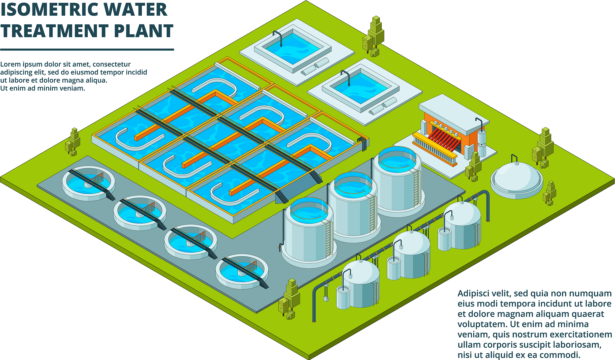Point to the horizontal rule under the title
pos(87,50)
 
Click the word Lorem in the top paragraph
pos(10,64)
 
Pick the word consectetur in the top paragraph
pos(112,64)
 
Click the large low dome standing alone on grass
pos(517,180)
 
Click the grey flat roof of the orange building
pos(454,114)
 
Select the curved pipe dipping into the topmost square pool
pos(278,37)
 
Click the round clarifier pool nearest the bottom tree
pos(242,271)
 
